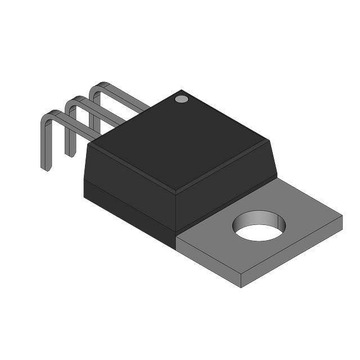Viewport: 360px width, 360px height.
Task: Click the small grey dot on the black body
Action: point(181,99)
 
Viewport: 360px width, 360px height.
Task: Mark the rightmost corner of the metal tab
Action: point(341,215)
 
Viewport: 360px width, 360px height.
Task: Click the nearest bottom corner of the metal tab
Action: point(241,286)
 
